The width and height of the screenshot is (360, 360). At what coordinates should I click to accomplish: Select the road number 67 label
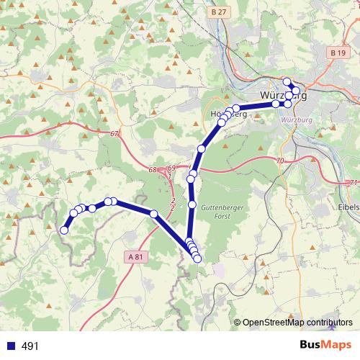[115, 135]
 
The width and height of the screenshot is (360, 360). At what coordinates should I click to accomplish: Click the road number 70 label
[280, 160]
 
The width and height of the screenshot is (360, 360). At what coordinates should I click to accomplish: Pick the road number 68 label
[152, 170]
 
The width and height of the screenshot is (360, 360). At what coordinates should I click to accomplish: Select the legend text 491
[30, 346]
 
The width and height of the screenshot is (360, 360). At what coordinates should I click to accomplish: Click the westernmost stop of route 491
[64, 230]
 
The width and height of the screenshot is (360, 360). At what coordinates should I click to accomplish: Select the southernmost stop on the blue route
[197, 258]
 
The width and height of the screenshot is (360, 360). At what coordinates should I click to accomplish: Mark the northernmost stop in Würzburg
[287, 81]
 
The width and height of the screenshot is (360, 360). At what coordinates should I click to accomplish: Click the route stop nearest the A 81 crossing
[153, 214]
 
